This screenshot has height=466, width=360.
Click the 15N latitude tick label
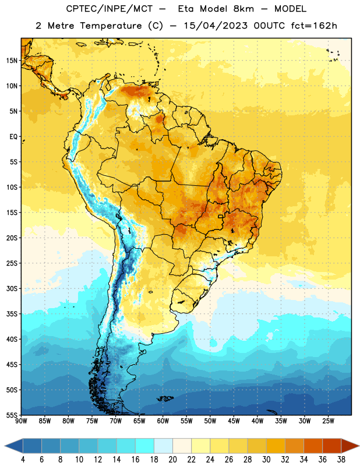click(x=12, y=61)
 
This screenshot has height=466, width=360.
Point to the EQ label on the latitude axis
click(x=13, y=137)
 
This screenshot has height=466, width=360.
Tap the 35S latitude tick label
click(x=12, y=314)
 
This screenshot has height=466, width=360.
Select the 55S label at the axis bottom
click(x=12, y=415)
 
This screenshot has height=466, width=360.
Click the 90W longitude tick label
click(x=21, y=421)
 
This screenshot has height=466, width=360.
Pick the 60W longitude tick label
click(x=163, y=421)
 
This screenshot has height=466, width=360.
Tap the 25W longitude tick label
click(x=328, y=421)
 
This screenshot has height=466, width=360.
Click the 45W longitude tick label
click(x=234, y=421)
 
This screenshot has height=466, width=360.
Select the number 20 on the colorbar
click(x=172, y=460)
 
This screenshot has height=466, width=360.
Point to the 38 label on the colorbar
click(x=341, y=460)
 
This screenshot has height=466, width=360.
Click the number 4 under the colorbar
click(x=23, y=460)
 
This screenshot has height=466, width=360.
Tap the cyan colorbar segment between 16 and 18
click(x=145, y=446)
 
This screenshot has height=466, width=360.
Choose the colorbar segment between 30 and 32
click(x=276, y=446)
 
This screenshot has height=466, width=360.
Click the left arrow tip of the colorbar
click(x=5, y=446)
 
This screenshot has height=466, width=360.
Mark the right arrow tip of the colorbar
click(x=359, y=446)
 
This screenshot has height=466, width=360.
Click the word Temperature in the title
click(x=111, y=26)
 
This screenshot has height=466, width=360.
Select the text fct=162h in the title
click(x=314, y=26)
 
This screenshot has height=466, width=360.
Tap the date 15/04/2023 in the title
click(x=216, y=26)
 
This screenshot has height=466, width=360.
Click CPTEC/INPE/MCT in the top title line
click(x=110, y=9)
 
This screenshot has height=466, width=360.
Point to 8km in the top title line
click(x=243, y=9)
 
